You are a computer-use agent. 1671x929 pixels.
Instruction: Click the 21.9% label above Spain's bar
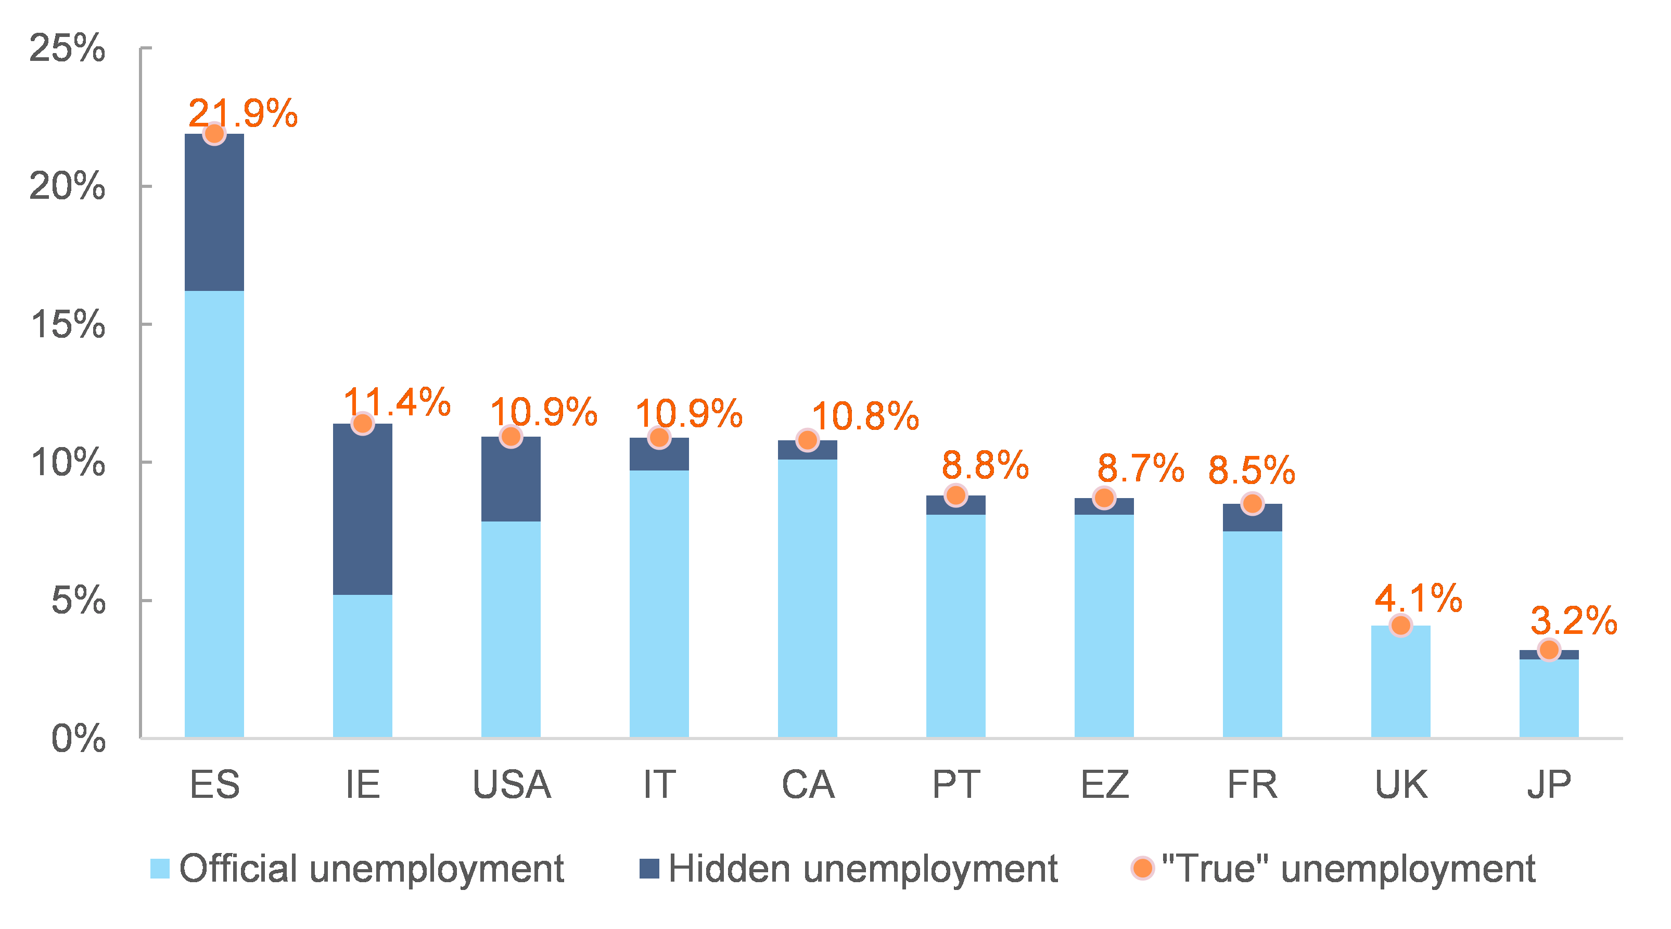[x=243, y=113]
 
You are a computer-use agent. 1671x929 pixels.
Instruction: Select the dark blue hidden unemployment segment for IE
[x=362, y=510]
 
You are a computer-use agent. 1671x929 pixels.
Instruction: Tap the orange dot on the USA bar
[x=511, y=437]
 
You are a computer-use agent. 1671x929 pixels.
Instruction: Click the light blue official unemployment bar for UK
[x=1400, y=681]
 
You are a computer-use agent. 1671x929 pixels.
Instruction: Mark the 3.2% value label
[x=1573, y=620]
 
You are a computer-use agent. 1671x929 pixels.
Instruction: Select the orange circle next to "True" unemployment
[x=1142, y=868]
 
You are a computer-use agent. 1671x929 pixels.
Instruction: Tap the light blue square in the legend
[x=160, y=869]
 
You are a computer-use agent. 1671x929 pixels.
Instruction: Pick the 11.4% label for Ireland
[x=397, y=402]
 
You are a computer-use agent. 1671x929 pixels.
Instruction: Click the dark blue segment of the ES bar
[x=214, y=212]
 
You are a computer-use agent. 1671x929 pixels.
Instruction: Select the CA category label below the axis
[x=808, y=784]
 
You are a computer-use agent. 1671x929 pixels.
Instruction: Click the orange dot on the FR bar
[x=1252, y=503]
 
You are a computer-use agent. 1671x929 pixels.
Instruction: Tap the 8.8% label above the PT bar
[x=985, y=465]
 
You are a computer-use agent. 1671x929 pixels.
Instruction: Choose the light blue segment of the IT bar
[x=658, y=603]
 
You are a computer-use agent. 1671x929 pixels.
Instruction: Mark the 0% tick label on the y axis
[x=78, y=739]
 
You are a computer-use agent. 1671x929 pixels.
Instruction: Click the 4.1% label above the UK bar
[x=1418, y=597]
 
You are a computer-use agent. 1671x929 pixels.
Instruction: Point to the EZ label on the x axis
[x=1104, y=784]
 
